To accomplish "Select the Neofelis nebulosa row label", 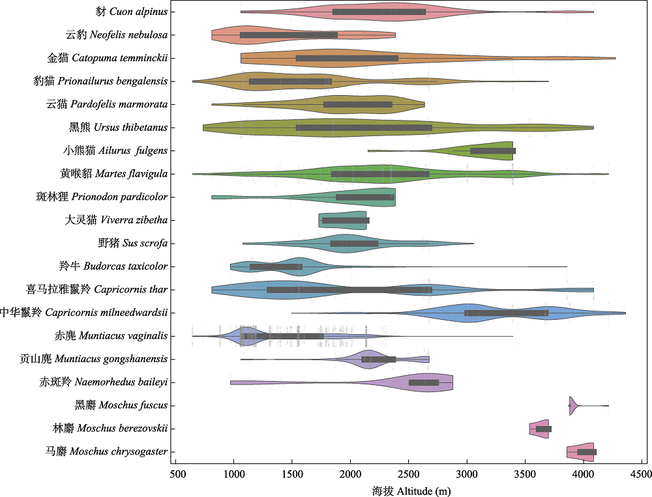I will coord(117,35).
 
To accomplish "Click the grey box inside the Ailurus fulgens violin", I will coord(493,150).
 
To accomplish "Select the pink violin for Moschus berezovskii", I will coord(539,429).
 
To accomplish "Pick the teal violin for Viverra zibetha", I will coord(342,220).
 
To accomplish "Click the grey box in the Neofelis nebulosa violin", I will coord(289,35).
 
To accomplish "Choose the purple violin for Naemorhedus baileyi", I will coord(424,382).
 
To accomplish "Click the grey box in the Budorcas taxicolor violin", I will coord(276,266).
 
